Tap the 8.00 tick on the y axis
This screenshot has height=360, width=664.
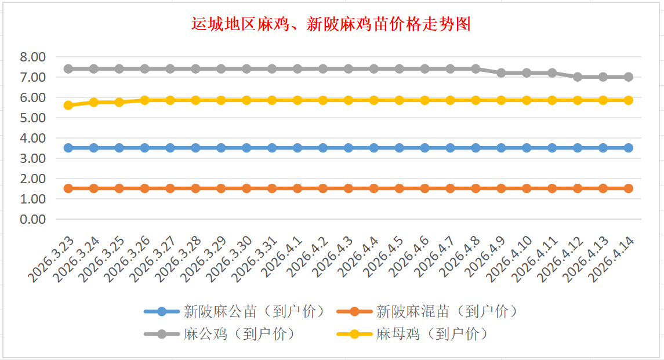point(32,57)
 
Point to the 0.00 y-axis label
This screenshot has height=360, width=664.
point(32,219)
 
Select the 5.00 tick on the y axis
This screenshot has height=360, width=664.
point(32,118)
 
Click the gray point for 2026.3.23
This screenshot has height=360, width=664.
point(68,68)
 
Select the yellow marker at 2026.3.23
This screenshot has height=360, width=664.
point(68,105)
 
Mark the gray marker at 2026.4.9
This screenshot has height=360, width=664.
point(501,73)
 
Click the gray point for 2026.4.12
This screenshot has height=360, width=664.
point(578,77)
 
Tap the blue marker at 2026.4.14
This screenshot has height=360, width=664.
point(628,148)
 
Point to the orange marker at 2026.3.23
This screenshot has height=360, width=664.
point(68,188)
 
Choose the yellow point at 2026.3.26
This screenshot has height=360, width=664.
point(144,100)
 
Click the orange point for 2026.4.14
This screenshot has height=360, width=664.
point(628,188)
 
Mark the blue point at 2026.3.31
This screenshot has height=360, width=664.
point(272,148)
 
